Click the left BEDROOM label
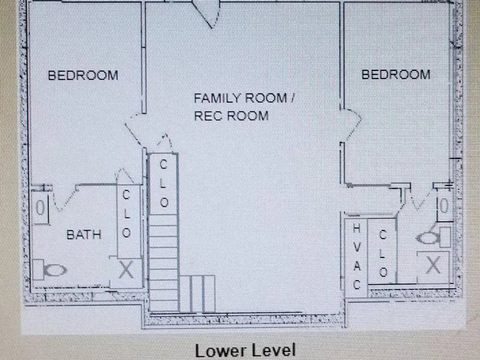[x=83, y=75]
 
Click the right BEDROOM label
[x=396, y=74]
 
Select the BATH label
[x=84, y=234]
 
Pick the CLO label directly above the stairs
[x=164, y=183]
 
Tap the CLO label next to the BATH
[x=126, y=214]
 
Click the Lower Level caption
[x=245, y=351]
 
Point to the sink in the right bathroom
[x=444, y=205]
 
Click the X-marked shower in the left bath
[x=126, y=270]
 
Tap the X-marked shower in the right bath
[x=433, y=266]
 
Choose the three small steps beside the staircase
[x=197, y=293]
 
